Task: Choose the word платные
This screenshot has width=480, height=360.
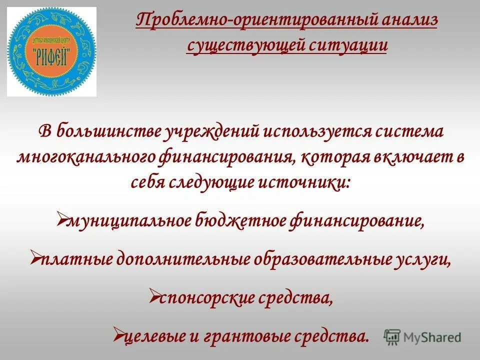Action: pyautogui.click(x=76, y=259)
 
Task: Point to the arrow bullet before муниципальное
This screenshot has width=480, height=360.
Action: pyautogui.click(x=61, y=218)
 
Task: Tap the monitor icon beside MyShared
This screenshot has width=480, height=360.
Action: pyautogui.click(x=392, y=336)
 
